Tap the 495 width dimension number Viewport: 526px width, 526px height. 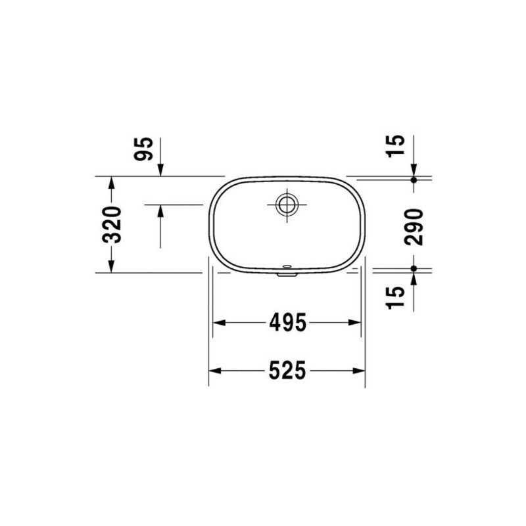[x=287, y=322]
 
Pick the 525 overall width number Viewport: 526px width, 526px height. [x=287, y=371]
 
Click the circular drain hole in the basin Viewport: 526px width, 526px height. [x=287, y=204]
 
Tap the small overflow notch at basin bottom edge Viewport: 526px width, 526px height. [x=287, y=272]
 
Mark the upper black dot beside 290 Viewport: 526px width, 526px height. [x=414, y=179]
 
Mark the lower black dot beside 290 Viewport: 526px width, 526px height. [x=414, y=269]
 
